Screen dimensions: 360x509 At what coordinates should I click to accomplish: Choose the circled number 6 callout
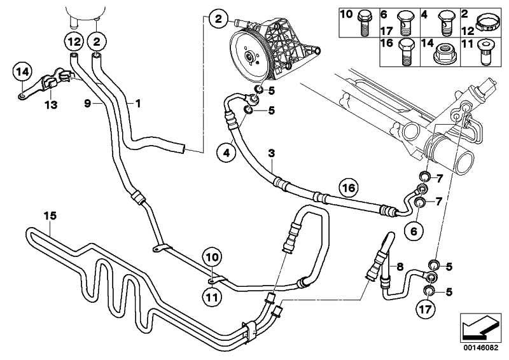click(414, 232)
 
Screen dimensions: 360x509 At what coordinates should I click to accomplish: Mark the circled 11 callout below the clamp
click(212, 295)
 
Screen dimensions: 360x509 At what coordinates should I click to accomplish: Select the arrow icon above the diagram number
click(478, 325)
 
